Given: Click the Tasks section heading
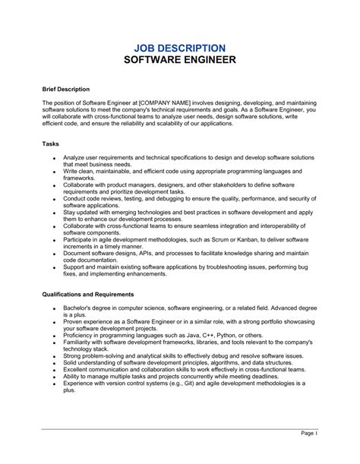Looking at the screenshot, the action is tap(52, 143).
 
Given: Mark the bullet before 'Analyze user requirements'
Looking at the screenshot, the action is tap(54, 157).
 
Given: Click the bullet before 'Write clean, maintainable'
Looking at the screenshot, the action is tap(54, 172).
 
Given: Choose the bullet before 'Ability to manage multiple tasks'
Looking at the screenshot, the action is tap(54, 376).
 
